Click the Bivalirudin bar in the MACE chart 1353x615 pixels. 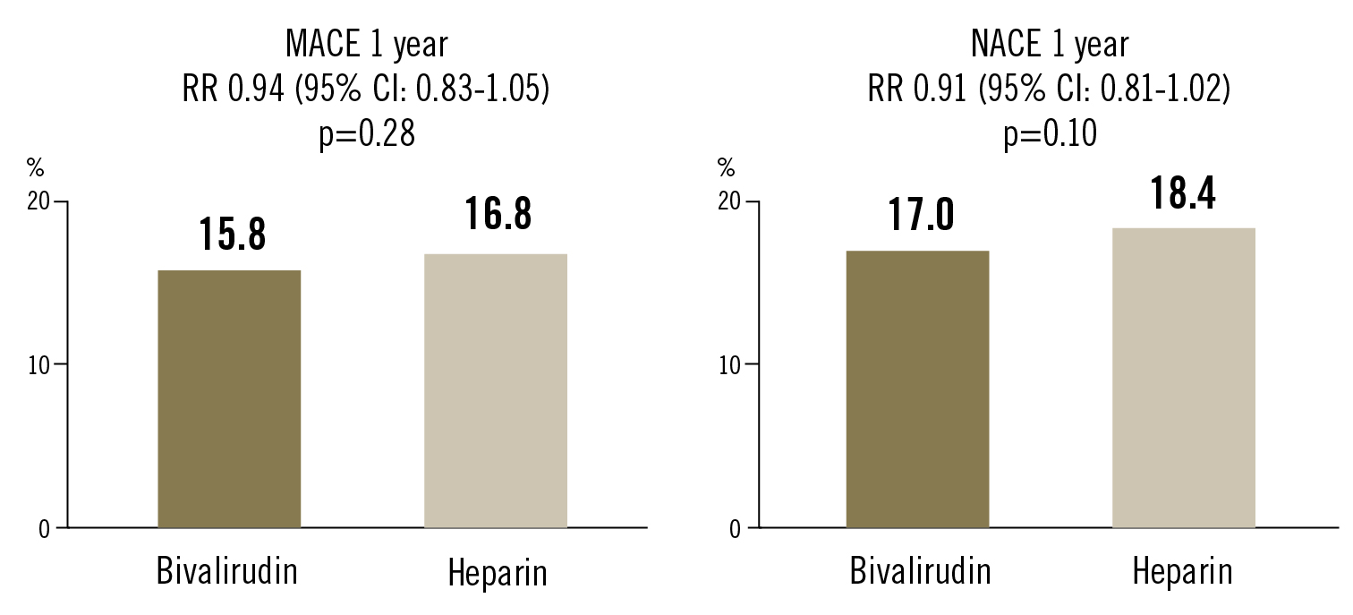229,398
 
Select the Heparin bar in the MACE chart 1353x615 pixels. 495,390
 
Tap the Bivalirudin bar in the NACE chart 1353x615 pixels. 917,389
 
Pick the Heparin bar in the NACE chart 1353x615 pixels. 1183,377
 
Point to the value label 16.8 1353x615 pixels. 498,215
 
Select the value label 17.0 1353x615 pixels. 921,215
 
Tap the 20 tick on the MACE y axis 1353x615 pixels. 38,201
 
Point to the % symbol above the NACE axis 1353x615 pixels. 727,167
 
